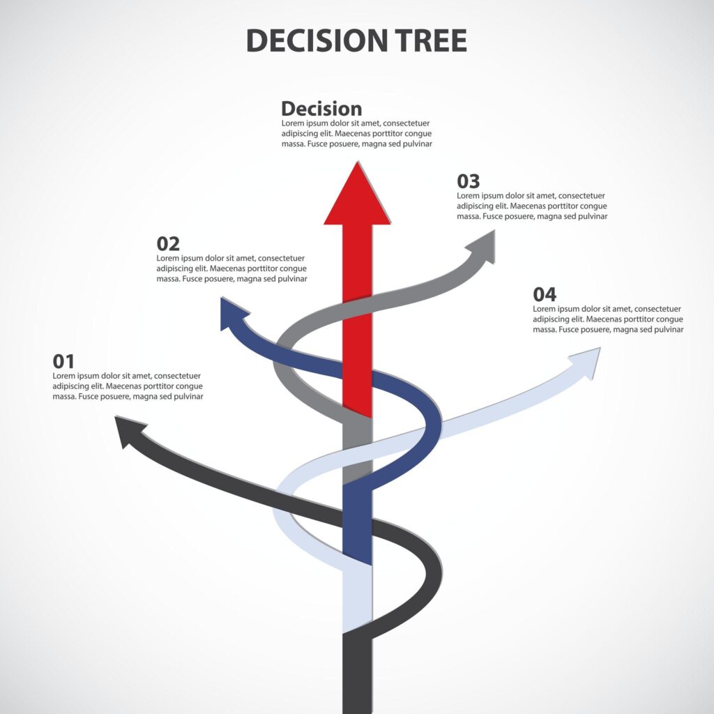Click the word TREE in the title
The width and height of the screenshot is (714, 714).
point(431,40)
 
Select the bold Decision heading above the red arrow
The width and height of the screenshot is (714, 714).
point(321,109)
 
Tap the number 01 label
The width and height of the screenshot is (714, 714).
point(63,362)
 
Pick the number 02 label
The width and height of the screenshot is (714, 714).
point(168,244)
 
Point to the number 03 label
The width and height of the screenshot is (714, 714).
point(468,181)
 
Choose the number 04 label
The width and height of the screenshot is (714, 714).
point(545,295)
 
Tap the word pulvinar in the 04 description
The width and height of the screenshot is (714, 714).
point(668,330)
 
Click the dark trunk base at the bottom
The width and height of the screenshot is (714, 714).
point(358,674)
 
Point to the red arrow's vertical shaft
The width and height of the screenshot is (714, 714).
point(358,319)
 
